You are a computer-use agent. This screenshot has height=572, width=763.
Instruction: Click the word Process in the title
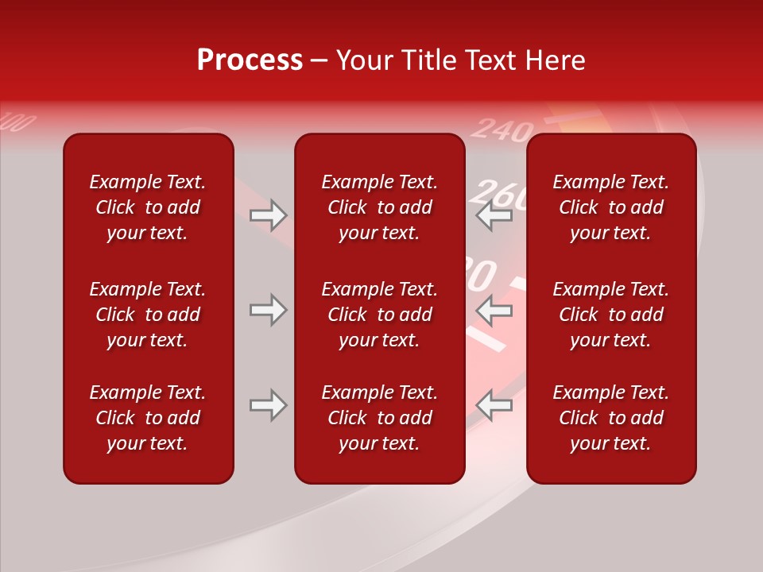(x=250, y=60)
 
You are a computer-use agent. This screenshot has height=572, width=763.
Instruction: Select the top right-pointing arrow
(x=268, y=215)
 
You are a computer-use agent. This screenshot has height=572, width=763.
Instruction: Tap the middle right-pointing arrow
(x=268, y=310)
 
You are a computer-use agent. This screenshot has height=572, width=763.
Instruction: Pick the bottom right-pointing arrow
(x=268, y=405)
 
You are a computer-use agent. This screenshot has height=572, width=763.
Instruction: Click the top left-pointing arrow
(x=494, y=215)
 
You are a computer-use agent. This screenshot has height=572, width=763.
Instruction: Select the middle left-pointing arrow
(x=494, y=310)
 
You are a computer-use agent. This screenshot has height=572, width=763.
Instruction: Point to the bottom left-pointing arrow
(x=494, y=405)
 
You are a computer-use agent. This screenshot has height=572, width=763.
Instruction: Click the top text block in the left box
(x=148, y=207)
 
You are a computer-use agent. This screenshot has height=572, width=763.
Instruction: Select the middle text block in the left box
(x=148, y=315)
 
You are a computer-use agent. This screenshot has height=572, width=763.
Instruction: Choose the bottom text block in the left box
(x=148, y=418)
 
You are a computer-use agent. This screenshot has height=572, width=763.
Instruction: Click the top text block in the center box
(x=379, y=207)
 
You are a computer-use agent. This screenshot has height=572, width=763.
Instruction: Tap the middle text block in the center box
(x=379, y=315)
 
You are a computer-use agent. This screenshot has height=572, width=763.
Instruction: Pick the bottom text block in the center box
(x=379, y=418)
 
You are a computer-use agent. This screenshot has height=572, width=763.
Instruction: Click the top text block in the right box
(x=610, y=207)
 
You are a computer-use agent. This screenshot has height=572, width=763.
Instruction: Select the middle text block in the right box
(x=610, y=315)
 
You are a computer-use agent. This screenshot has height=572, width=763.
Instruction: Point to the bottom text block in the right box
(x=610, y=418)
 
